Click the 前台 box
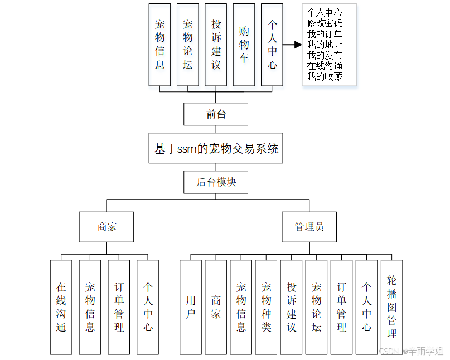click(215, 114)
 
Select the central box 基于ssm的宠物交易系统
click(215, 148)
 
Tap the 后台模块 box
click(215, 182)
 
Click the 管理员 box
click(309, 227)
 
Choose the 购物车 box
click(244, 45)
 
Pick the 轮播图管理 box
click(391, 307)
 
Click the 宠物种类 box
click(266, 307)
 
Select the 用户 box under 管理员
click(191, 307)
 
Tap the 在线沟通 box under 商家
click(61, 307)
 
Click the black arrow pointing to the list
click(292, 45)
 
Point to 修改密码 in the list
click(325, 23)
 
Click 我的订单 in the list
click(325, 34)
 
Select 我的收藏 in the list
click(325, 77)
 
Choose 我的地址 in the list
click(325, 45)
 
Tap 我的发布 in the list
click(325, 55)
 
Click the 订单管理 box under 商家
click(119, 307)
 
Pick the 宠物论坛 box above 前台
click(187, 45)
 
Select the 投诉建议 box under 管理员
click(291, 307)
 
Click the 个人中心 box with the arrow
click(272, 45)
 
